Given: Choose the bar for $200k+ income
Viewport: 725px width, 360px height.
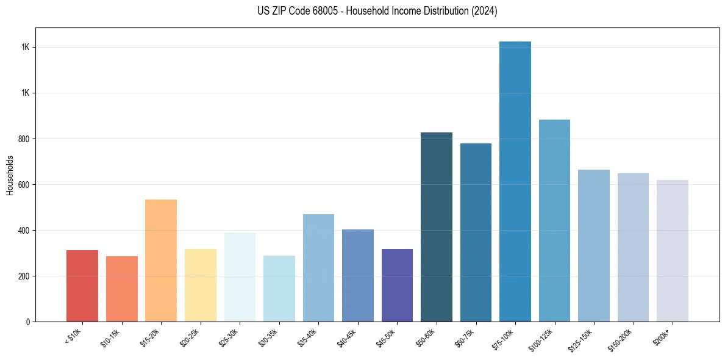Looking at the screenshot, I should pos(673,251).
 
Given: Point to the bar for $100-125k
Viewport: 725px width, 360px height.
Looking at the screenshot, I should pos(554,220).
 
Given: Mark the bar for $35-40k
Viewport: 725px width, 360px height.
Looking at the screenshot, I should pos(318,268).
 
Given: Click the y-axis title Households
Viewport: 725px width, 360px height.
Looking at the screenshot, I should pos(10,175).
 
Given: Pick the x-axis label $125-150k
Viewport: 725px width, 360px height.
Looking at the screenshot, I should pos(582,339).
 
